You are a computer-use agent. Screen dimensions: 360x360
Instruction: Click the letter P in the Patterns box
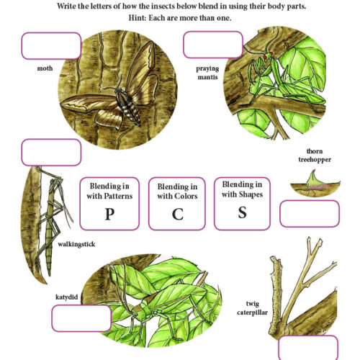[109, 213]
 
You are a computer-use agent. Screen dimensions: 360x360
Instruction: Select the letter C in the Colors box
[177, 214]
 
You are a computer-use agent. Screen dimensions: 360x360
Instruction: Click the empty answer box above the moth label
[51, 45]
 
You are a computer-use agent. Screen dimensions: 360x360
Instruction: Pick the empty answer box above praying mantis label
[213, 45]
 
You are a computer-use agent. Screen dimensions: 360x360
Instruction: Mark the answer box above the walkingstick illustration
[51, 153]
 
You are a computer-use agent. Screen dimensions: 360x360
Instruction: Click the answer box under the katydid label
[81, 317]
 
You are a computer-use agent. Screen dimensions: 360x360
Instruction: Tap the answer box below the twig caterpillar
[307, 347]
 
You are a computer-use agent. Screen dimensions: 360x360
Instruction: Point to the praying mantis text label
[207, 73]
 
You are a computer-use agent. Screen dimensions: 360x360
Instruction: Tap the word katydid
[66, 295]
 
